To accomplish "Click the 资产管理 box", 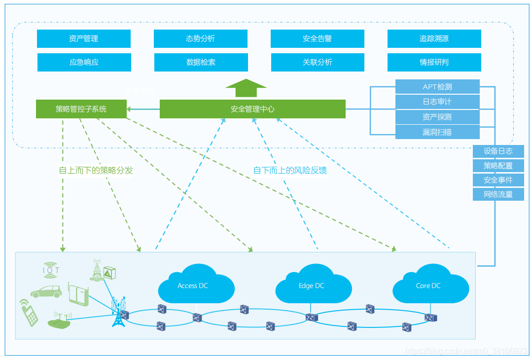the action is point(84,38).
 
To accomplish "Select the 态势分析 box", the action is point(201,38).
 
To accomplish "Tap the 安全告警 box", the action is point(317,38).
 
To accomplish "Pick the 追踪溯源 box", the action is point(434,38).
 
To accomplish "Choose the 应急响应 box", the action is point(84,63).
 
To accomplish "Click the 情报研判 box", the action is point(434,63).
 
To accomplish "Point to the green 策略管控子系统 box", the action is point(81,109).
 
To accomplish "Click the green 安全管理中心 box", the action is point(252,109).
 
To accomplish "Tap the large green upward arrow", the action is point(246,88).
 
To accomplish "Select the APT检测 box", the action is point(437,87).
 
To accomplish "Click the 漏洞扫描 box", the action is point(437,132).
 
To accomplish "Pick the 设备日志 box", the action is point(498,151).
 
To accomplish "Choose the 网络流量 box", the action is point(498,194).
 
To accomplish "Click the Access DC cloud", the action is point(196,285).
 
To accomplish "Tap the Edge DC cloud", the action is point(313,285).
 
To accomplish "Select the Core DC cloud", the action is point(430,285).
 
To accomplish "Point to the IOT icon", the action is point(51,270).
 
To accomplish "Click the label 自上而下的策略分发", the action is point(96,170).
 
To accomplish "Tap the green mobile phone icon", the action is point(29,313).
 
